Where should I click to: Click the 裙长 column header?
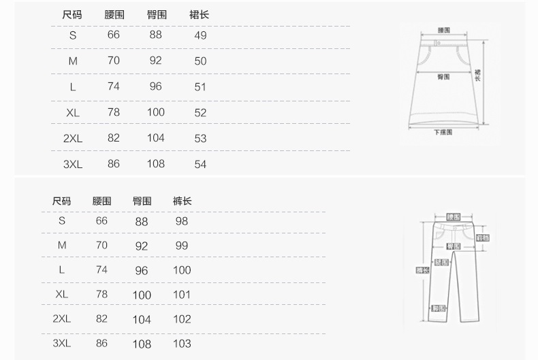(200, 14)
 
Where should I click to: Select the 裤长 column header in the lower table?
(182, 201)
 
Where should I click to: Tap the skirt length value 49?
(200, 35)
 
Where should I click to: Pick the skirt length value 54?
(200, 164)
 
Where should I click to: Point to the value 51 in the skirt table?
(200, 87)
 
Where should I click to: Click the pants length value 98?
(182, 221)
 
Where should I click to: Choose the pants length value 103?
(182, 344)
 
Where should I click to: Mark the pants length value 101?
(182, 295)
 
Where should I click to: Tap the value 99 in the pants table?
(182, 246)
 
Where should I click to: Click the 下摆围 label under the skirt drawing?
(443, 133)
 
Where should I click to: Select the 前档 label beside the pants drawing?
(482, 238)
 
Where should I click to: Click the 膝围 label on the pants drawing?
(441, 262)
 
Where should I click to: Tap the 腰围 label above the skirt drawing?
(443, 31)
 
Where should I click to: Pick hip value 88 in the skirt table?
(156, 35)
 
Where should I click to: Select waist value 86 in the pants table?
(102, 344)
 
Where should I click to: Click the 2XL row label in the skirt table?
(73, 138)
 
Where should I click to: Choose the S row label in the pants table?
(62, 221)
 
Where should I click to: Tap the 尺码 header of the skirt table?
(72, 14)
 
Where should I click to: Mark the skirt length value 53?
(200, 138)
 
